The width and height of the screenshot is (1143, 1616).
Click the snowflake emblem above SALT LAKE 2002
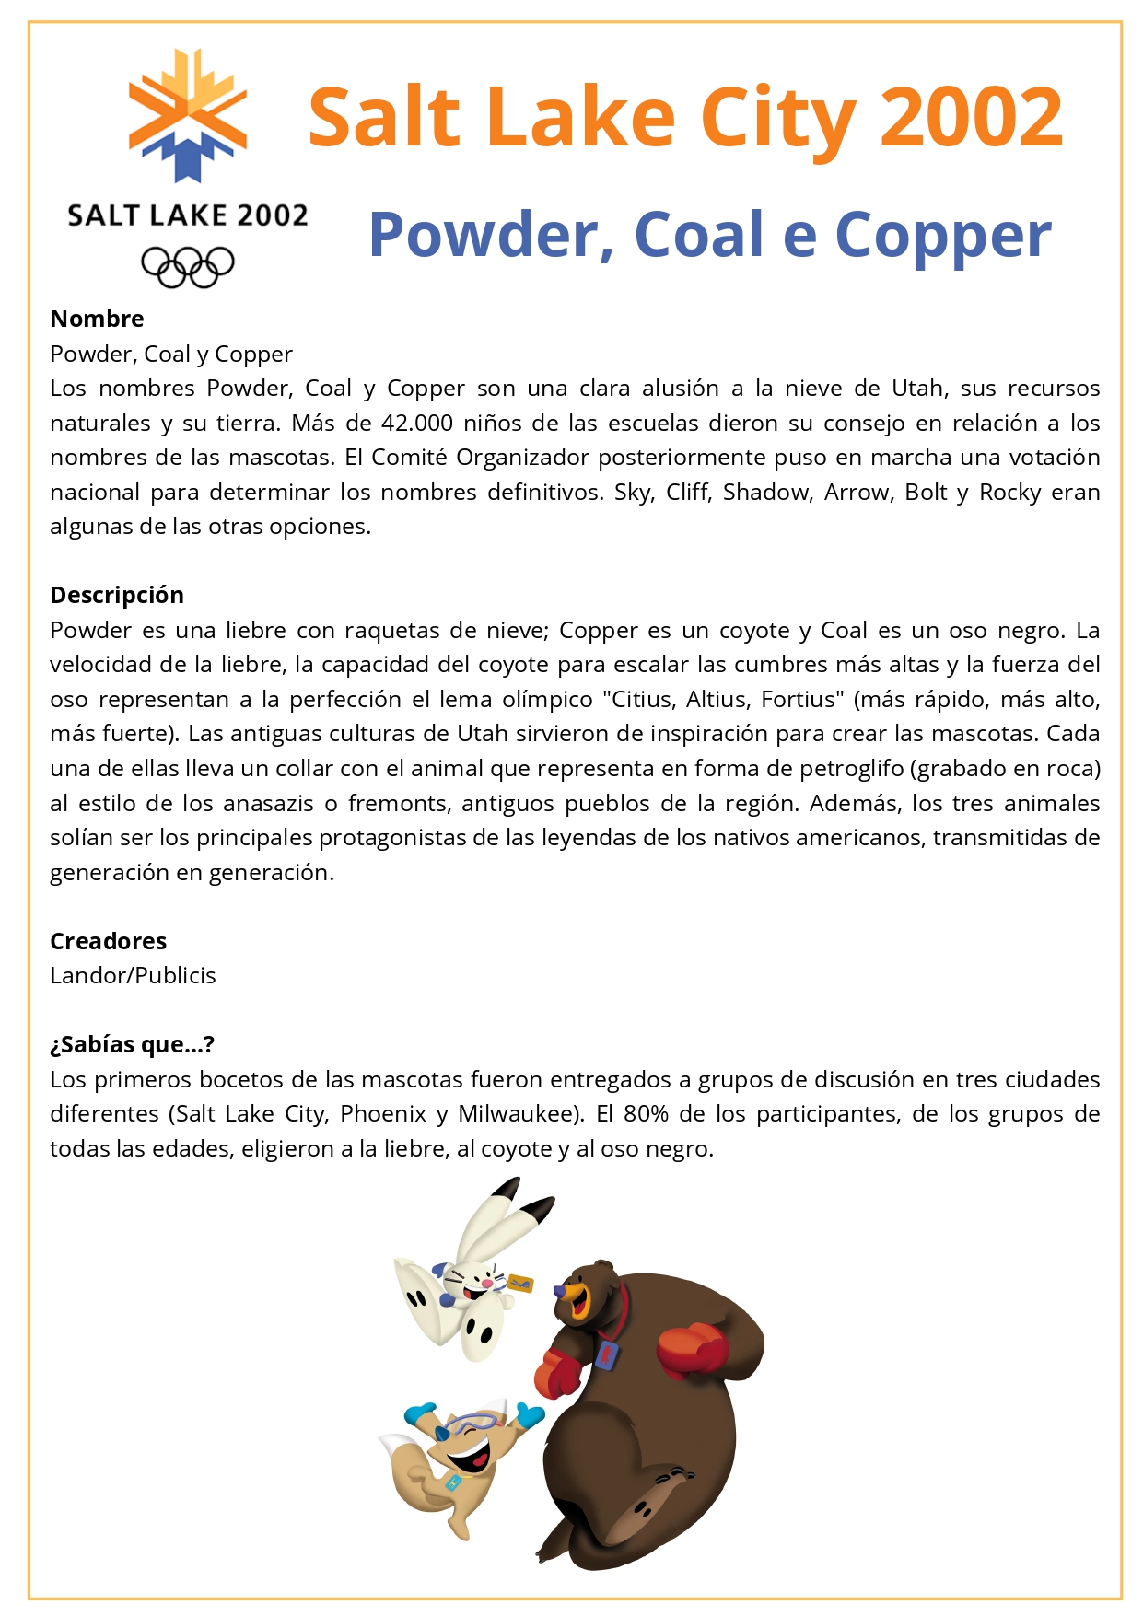point(188,115)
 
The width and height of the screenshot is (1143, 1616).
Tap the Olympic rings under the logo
point(188,267)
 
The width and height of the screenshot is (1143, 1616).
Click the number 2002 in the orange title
point(971,118)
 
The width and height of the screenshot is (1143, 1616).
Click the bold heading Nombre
point(97,319)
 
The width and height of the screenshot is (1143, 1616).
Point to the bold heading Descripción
point(117,595)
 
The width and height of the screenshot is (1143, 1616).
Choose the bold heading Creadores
point(108,941)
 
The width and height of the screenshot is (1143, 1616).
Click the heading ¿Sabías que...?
point(132,1044)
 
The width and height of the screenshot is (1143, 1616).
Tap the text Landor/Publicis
point(133,976)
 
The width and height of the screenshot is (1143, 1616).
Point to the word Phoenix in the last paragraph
point(382,1114)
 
